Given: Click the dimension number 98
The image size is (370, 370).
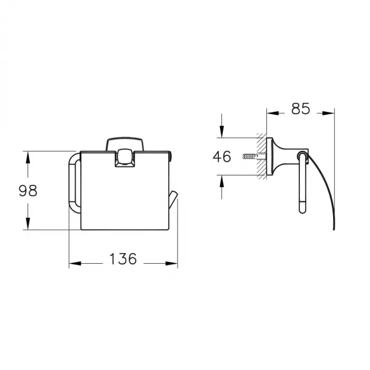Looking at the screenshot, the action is [x=28, y=191].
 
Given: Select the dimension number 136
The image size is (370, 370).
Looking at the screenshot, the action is [x=123, y=258].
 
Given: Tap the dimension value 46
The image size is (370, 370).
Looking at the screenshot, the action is [x=222, y=156].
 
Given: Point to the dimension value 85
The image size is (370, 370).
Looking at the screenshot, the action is [x=300, y=109].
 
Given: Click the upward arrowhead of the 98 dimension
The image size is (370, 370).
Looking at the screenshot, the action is [x=28, y=157].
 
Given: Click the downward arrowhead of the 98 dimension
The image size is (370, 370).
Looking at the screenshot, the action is [x=28, y=224].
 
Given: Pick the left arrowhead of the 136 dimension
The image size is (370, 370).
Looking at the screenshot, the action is [x=75, y=263].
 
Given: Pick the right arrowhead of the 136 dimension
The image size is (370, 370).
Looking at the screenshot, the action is [x=172, y=263].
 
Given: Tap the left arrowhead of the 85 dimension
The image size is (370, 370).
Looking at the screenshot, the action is [x=273, y=113].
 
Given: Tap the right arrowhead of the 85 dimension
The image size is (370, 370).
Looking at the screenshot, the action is [x=328, y=113].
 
